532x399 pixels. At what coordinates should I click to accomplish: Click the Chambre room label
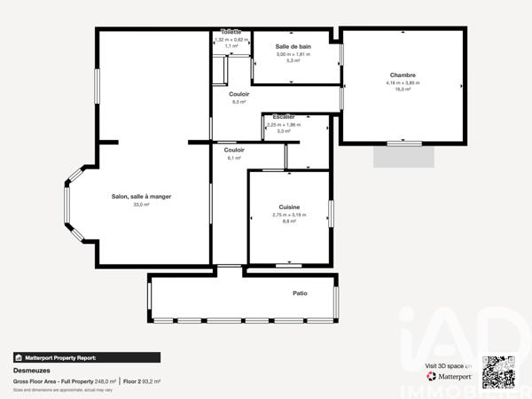(403, 75)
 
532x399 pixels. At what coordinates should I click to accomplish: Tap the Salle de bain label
(293, 46)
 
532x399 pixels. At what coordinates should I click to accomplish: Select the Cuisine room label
(289, 207)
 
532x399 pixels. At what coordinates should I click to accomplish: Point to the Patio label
(300, 293)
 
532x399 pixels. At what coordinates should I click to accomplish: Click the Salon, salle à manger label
(141, 197)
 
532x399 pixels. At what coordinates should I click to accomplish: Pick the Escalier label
(284, 117)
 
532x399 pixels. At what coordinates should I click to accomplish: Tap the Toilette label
(231, 32)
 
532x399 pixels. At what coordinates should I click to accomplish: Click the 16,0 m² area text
(403, 90)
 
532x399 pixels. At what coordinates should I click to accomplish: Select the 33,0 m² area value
(141, 205)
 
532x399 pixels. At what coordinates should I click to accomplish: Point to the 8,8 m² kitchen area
(289, 221)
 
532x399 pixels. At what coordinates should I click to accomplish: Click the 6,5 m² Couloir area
(239, 102)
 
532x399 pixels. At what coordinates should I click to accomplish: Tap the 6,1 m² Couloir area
(234, 158)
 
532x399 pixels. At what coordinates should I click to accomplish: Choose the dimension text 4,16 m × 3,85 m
(403, 82)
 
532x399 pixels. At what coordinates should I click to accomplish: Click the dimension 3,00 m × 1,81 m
(293, 54)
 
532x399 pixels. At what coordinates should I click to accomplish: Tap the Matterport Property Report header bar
(87, 357)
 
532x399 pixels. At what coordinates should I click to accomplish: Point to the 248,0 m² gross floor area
(105, 381)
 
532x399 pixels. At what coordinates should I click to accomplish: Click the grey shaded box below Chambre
(404, 156)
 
